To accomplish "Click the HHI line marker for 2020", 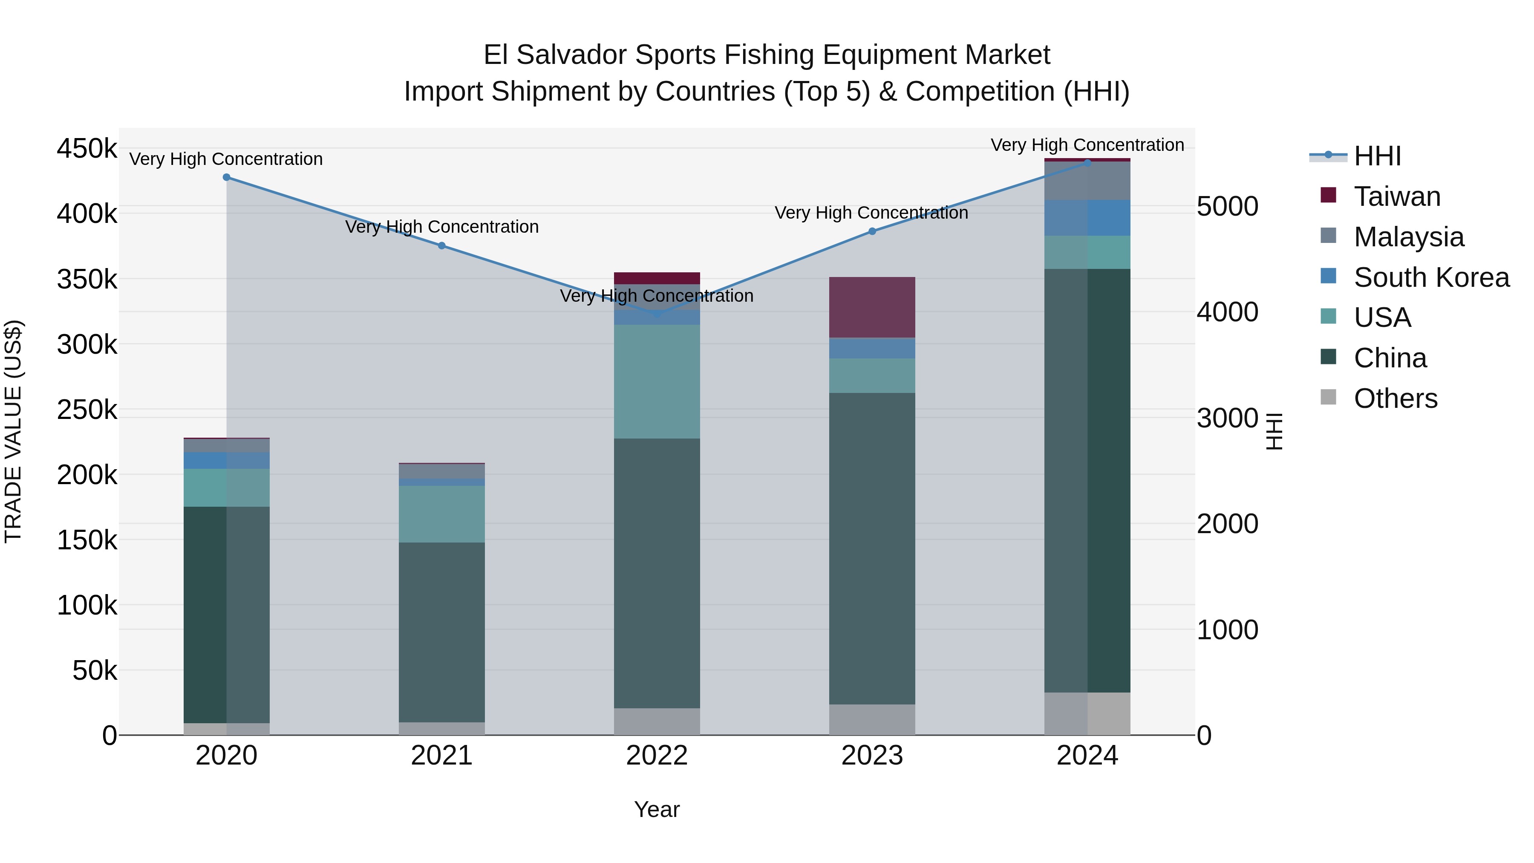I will tap(226, 177).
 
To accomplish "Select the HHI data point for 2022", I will tap(657, 314).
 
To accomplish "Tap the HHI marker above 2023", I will tap(872, 231).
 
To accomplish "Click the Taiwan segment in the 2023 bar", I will tap(872, 307).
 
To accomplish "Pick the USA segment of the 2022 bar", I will tap(657, 381).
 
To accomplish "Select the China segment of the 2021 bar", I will tap(441, 631).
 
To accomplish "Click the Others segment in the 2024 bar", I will tap(1087, 713).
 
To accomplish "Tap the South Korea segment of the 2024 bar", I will tap(1087, 218).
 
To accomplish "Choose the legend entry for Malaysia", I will tap(1408, 237).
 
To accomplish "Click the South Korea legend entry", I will tap(1431, 277).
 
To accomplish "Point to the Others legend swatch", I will tap(1329, 397).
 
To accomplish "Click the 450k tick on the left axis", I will tap(87, 148).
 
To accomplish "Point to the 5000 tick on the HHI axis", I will tap(1227, 207).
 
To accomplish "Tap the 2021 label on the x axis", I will tap(441, 756).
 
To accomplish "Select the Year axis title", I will tap(657, 809).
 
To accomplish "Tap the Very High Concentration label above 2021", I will tap(441, 227).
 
